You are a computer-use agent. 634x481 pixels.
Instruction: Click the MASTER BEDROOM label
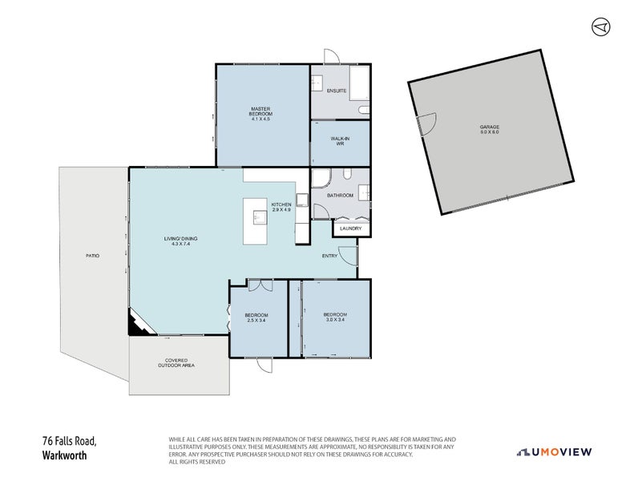(260, 114)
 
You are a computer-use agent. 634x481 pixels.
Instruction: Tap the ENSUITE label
(337, 91)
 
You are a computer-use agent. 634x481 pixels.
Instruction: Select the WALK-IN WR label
(340, 141)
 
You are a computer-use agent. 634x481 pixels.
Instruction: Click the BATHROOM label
(340, 195)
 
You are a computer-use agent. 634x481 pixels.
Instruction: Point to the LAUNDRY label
(350, 229)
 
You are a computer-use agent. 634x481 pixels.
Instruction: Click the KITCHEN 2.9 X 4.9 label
(281, 208)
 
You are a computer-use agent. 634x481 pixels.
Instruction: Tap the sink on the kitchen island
(259, 216)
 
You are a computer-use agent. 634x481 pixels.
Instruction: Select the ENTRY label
(329, 256)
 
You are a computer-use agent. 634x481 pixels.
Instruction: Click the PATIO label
(93, 256)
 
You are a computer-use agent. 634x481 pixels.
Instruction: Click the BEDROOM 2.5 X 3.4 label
(256, 317)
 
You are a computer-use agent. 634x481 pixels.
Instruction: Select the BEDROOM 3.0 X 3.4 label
(334, 316)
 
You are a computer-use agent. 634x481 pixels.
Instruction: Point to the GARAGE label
(490, 130)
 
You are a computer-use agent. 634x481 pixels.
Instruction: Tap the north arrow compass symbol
(600, 26)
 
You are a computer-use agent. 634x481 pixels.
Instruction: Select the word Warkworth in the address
(63, 455)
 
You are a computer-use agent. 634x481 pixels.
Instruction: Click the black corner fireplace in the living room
(135, 325)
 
